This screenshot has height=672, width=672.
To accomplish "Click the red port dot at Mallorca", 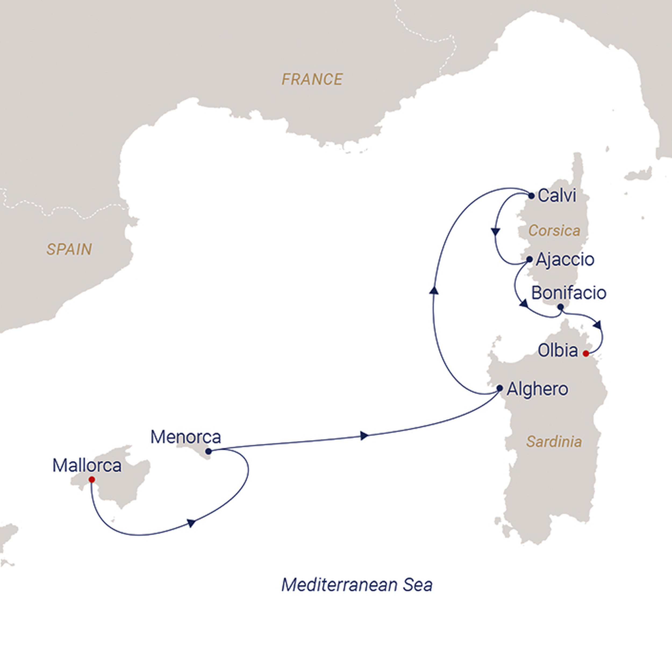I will point(91,480).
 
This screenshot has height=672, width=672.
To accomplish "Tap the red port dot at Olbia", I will point(586,354).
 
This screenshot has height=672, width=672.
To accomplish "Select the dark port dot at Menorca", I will point(208,452).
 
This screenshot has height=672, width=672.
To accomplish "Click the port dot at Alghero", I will point(499,388).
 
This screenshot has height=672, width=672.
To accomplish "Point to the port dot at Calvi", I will point(531,196).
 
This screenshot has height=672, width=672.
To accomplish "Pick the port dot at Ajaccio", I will point(529,259).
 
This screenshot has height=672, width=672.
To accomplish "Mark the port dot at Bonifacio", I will point(560,307).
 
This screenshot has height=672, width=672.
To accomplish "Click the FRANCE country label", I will point(312,79).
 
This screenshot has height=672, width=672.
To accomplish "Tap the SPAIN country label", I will point(69,249).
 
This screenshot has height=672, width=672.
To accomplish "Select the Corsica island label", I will point(554,231).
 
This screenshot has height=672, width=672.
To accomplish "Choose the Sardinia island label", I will point(554,442).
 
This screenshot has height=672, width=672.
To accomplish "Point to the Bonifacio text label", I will point(569,293).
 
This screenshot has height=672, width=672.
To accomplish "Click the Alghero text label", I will point(537,389).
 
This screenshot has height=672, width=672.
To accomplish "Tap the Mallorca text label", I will point(87,465).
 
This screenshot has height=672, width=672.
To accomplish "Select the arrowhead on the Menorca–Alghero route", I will point(364,435).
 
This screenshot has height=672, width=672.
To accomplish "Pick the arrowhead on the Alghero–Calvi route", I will point(434,290).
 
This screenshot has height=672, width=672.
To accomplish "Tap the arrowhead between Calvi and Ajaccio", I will point(495,232).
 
